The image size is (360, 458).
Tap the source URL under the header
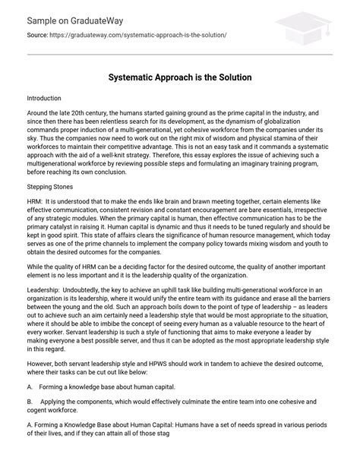point(136,36)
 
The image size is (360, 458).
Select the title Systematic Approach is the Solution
point(180,77)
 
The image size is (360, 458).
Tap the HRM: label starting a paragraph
point(34,202)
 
